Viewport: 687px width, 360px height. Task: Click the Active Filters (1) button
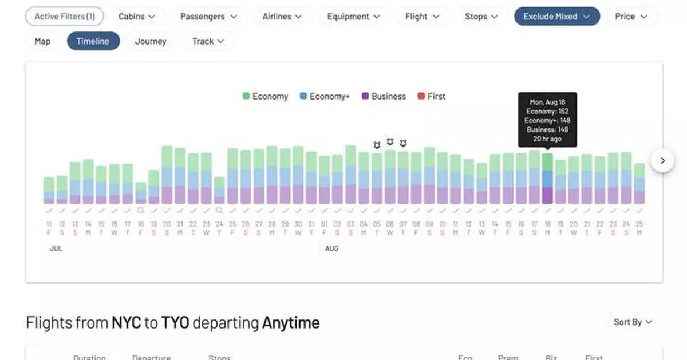point(64,17)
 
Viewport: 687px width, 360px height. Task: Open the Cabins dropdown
point(137,17)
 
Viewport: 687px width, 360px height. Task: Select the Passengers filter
point(208,17)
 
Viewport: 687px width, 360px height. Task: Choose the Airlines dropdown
point(283,17)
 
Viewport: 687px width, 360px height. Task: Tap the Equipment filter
point(353,17)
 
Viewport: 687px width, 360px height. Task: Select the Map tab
point(42,41)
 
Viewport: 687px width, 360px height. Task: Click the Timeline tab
point(93,41)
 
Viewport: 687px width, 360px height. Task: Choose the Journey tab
point(151,41)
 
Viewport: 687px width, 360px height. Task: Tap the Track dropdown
point(208,41)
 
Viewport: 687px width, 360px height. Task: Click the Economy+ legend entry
point(324,96)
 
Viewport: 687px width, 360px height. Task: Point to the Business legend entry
point(384,96)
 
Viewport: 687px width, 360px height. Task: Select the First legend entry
point(432,96)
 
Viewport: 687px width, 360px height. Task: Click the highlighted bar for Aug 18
point(547,179)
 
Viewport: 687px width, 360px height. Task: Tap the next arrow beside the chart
point(662,160)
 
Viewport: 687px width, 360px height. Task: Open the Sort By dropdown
point(633,322)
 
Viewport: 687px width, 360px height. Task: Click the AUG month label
point(331,248)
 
